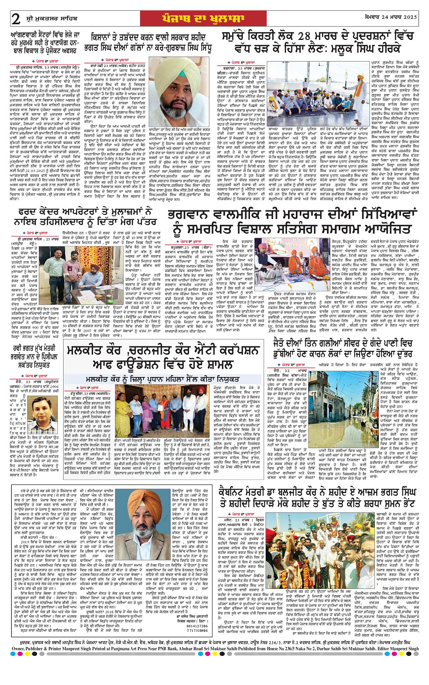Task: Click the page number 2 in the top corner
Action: click(15, 18)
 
